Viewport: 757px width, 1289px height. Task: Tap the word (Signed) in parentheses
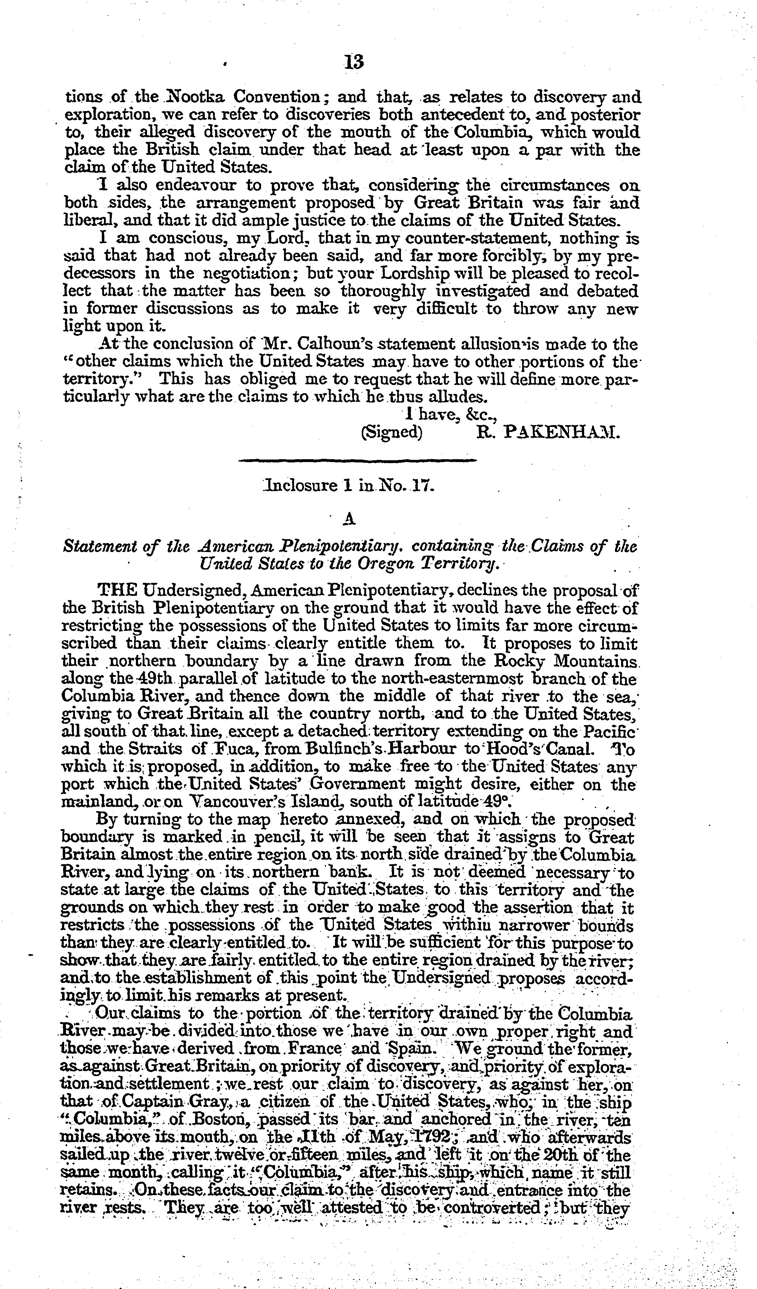(392, 432)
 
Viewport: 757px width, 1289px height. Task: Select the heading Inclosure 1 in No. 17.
(348, 485)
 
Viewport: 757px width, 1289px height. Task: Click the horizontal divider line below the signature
(358, 461)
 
